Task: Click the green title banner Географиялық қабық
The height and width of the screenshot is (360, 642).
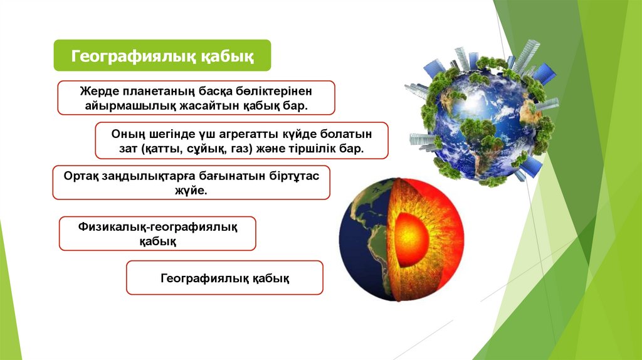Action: point(162,55)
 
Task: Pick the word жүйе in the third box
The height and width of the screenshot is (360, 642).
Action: point(189,191)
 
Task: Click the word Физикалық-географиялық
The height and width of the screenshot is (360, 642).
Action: point(157,226)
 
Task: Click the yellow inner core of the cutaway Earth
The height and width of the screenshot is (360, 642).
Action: point(411,239)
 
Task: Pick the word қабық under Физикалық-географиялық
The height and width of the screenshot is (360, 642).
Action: point(157,241)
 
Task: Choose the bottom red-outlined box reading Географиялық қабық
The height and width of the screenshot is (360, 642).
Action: point(225,278)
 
